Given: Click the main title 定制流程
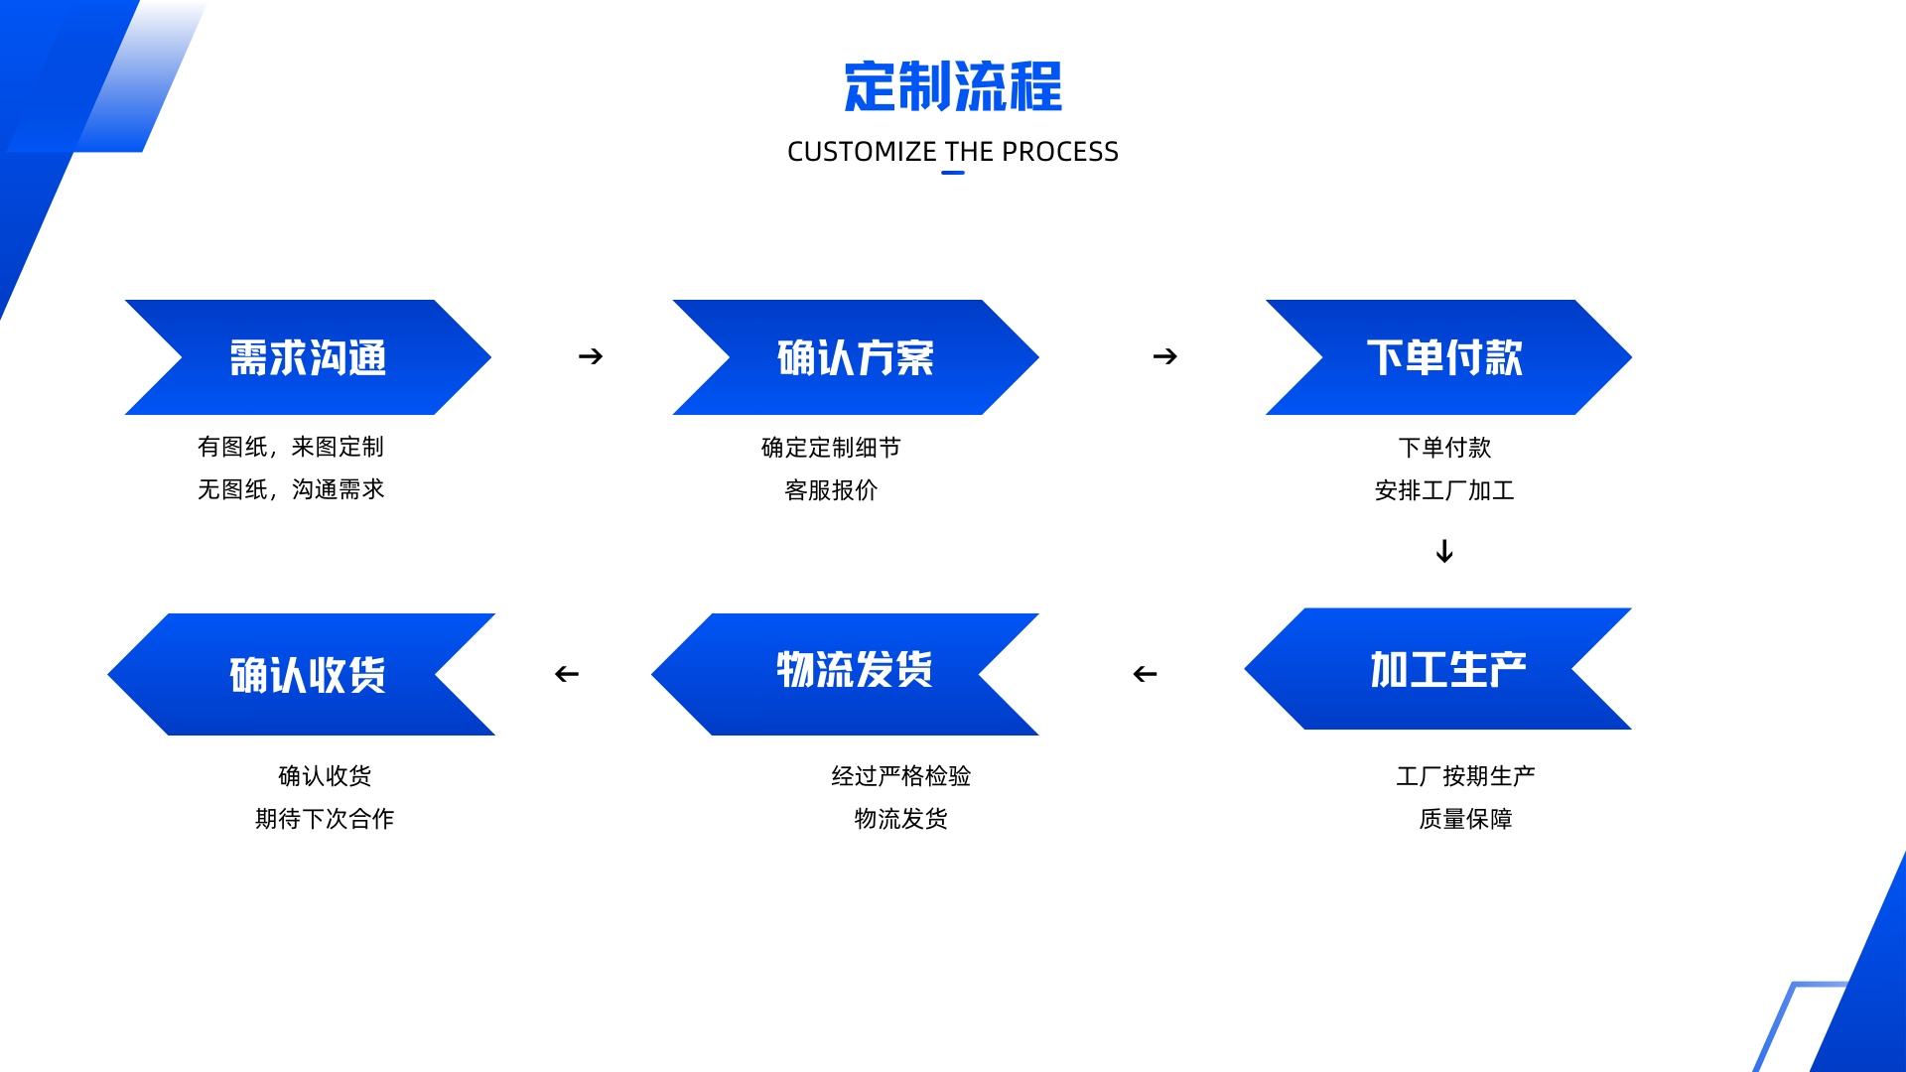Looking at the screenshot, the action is (953, 86).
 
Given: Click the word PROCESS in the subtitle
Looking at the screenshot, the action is (1060, 152).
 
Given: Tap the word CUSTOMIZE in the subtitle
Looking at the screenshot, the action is (862, 152).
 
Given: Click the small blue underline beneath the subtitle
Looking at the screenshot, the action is (953, 173).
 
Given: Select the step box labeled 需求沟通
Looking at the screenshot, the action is (308, 357).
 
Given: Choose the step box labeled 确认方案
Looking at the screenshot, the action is (856, 357).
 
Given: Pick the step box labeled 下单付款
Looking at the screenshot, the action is (1448, 357).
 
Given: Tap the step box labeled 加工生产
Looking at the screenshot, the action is (1437, 669).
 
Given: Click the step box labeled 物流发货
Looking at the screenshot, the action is (845, 674).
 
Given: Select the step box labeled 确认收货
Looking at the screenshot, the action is (301, 674).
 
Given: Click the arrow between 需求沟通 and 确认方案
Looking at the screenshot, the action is (591, 356).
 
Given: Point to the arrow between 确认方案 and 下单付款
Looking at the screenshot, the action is (1165, 356).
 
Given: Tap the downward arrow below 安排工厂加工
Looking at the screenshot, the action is (1444, 551).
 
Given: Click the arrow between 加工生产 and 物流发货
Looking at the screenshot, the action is (1145, 674).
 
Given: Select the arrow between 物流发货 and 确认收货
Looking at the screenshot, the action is (567, 674).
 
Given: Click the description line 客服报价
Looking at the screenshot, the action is (831, 490).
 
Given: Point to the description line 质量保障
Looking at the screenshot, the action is (1465, 819).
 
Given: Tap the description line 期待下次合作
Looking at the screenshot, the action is (325, 819).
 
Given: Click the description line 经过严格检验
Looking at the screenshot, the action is (901, 776).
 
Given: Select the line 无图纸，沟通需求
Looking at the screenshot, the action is (291, 489).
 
